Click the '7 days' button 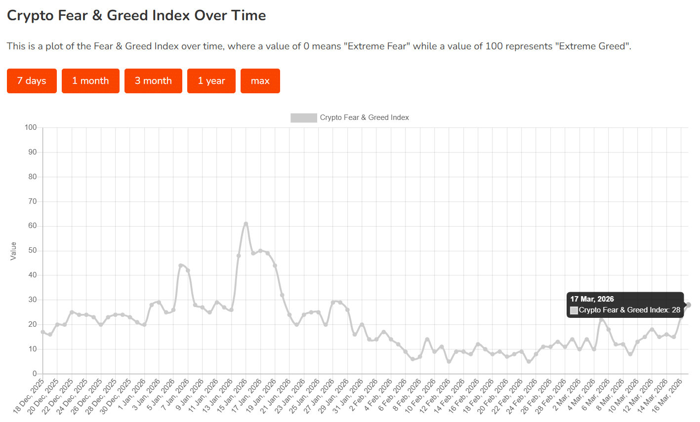pos(32,81)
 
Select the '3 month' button pos(153,81)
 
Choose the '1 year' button pos(211,81)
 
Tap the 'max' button pos(260,81)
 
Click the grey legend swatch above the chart pos(303,117)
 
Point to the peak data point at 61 pos(246,224)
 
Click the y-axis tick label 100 pos(31,128)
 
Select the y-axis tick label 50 pos(32,251)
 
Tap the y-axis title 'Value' pos(13,251)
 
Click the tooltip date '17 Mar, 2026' pos(592,299)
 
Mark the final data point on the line pos(688,305)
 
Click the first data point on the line pos(43,332)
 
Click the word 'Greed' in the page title pos(127,15)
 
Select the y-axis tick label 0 pos(35,374)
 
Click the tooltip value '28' pos(676,310)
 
